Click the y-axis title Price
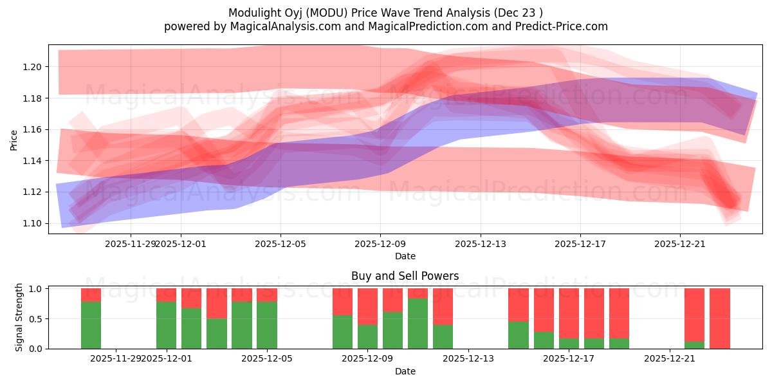pos(14,140)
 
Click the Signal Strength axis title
pos(19,317)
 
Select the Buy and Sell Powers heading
pos(405,276)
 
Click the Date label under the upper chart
pos(405,256)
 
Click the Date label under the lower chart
pos(405,371)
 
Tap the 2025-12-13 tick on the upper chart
pos(480,244)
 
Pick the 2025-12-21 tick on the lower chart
pos(670,358)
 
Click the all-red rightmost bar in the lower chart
pos(719,318)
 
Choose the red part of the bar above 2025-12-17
pos(569,313)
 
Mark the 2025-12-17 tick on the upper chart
pos(580,244)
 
